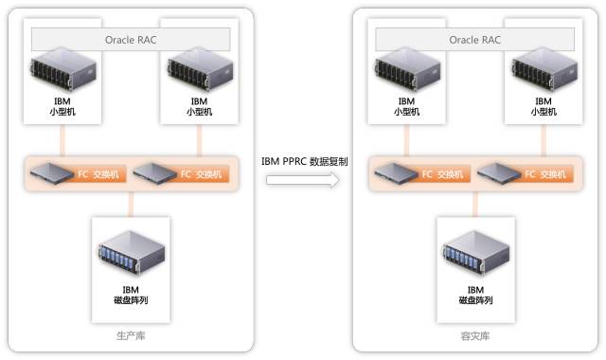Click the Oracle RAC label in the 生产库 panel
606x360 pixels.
coord(131,40)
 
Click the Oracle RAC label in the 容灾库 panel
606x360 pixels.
coord(474,40)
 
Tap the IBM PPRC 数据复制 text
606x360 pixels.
coord(305,161)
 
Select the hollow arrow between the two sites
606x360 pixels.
coord(303,180)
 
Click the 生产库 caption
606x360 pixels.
coord(131,335)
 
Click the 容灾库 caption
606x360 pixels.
coord(475,335)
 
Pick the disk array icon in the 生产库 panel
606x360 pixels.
coord(132,252)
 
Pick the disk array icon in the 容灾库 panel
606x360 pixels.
coord(476,252)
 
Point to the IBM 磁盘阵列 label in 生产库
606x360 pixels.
coord(131,295)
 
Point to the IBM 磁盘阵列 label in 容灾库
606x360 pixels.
coord(475,295)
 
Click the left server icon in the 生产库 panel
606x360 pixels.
coord(63,69)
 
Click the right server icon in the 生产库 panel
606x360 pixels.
coord(200,69)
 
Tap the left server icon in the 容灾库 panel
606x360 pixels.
coord(407,69)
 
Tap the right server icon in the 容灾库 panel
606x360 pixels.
coord(544,69)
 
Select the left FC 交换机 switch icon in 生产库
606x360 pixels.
coord(52,173)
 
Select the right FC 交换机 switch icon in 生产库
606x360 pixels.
coord(154,173)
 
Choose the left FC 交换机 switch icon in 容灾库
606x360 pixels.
coord(396,173)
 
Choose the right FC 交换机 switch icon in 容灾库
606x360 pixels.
coord(499,173)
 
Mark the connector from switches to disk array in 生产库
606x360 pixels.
coord(131,205)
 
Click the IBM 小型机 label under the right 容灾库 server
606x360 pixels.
coord(544,106)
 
